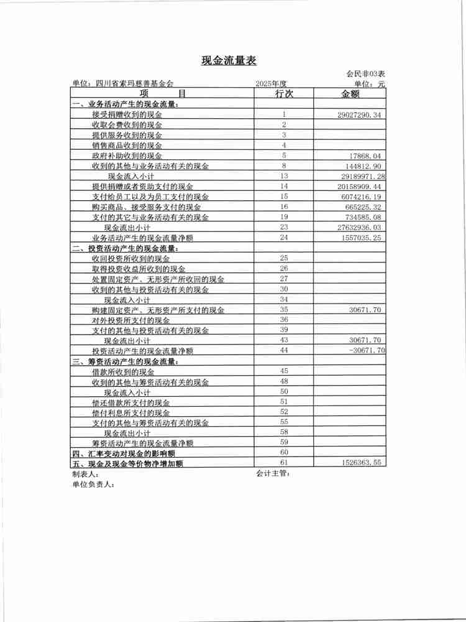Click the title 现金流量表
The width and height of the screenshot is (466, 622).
229,60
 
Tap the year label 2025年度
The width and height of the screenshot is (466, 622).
271,83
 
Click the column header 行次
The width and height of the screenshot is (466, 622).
283,94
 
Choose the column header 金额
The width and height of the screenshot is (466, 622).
350,94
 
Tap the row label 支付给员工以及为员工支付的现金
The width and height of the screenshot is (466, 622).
150,197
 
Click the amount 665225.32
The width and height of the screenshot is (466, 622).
361,207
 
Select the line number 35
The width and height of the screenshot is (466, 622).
284,309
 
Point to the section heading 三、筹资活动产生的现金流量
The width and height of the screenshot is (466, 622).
126,361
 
